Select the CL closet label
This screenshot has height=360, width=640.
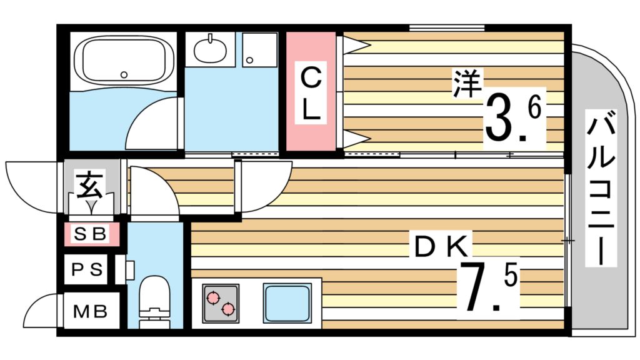click(x=311, y=94)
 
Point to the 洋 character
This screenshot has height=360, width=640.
click(x=465, y=84)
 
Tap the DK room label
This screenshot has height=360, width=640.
click(x=440, y=246)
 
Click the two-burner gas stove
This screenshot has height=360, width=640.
click(x=220, y=302)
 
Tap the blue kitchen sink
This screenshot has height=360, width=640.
click(x=287, y=302)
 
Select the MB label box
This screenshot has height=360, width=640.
click(x=90, y=311)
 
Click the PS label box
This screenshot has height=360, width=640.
click(x=88, y=270)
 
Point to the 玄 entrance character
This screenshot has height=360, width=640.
click(x=90, y=184)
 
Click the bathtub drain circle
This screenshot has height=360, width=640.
click(x=124, y=74)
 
